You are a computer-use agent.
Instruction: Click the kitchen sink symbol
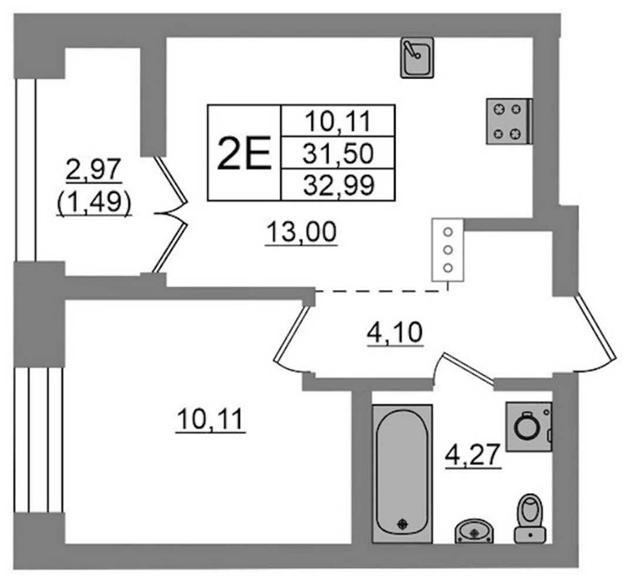[417, 58]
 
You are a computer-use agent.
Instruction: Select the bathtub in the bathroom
[402, 473]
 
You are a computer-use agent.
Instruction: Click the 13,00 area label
[302, 233]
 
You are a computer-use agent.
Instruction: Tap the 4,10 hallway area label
[394, 334]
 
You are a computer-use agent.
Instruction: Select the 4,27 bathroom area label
[473, 455]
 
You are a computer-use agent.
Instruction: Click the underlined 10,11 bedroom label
[211, 419]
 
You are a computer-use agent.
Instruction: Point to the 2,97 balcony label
[94, 170]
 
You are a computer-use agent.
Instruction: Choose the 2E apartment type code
[244, 153]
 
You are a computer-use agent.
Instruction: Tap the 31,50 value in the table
[338, 154]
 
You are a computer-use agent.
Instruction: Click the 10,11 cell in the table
[338, 121]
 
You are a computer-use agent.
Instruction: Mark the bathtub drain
[402, 523]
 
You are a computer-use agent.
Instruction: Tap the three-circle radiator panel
[447, 250]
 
